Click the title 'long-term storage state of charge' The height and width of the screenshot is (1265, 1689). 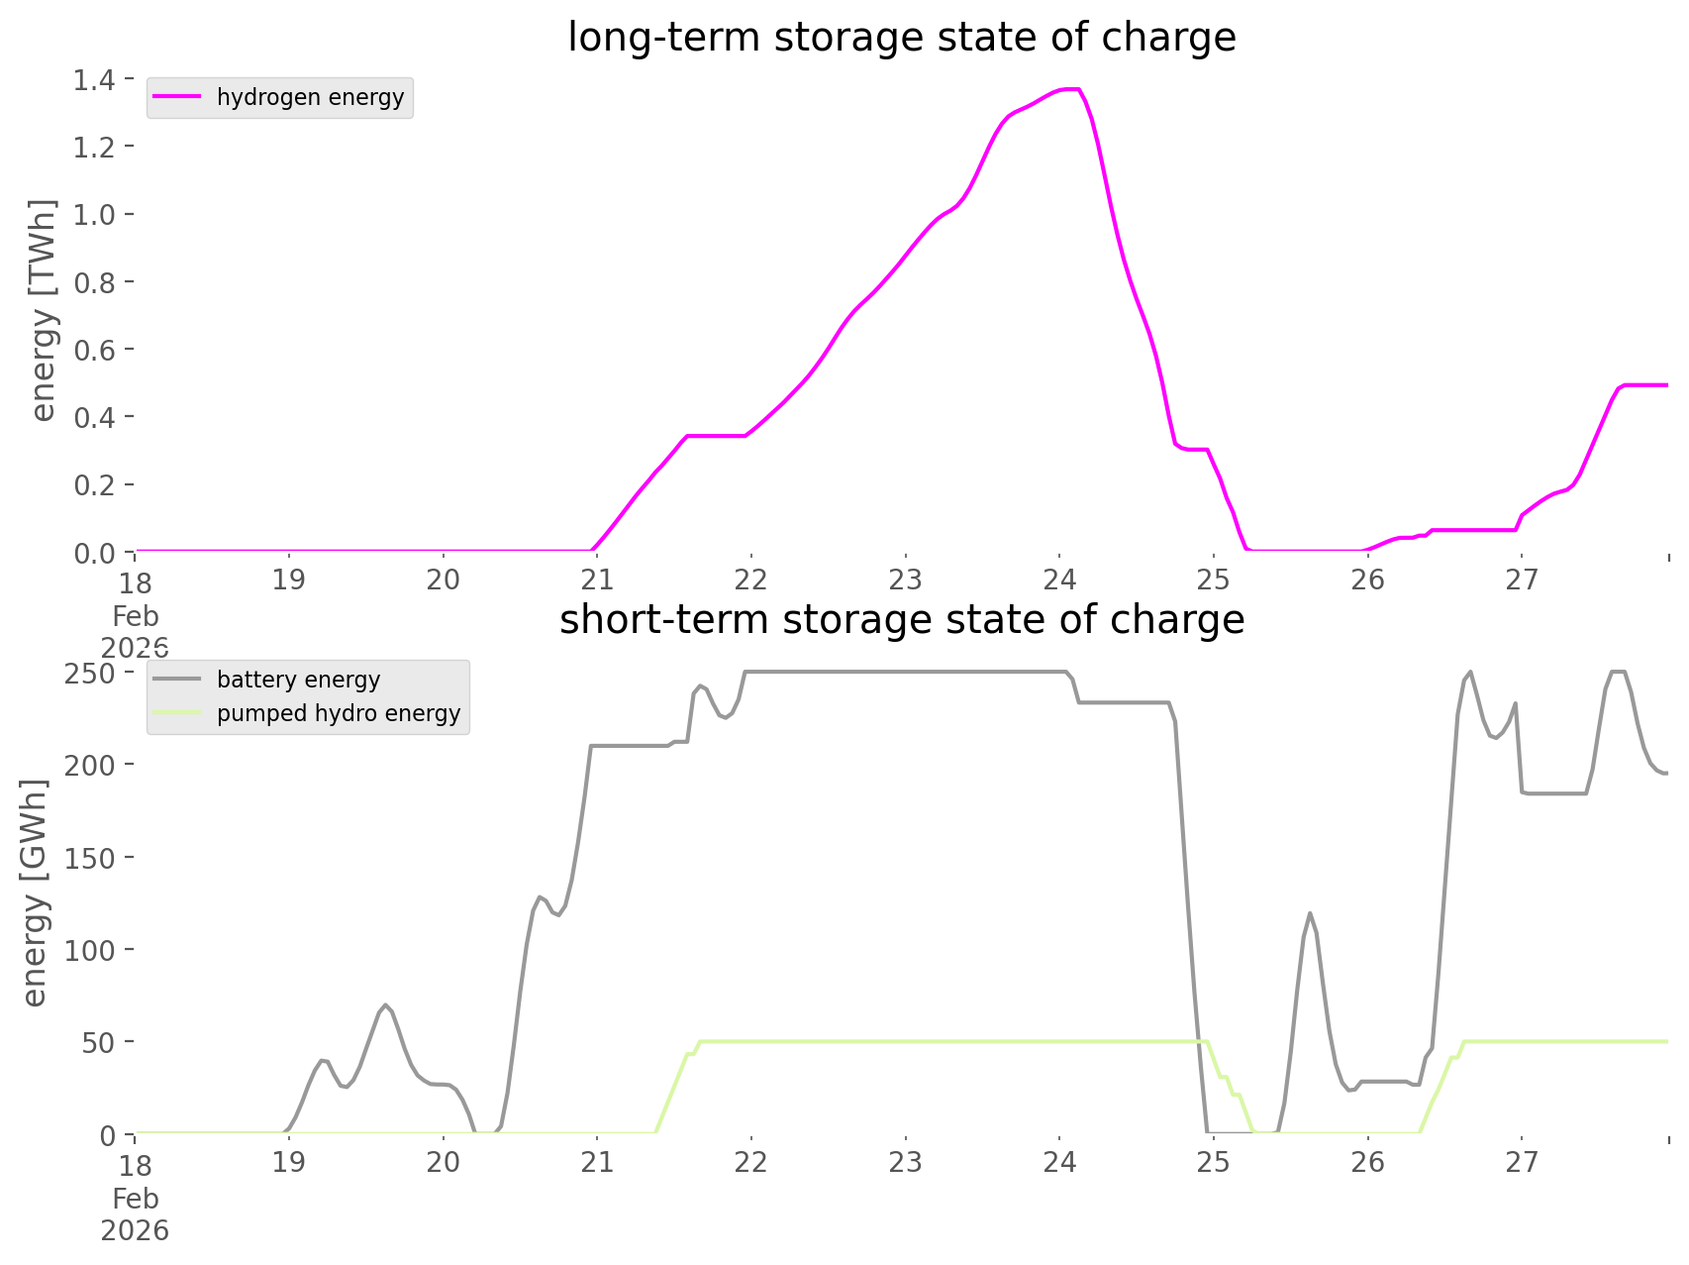click(901, 38)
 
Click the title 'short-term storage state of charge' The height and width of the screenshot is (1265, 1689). click(901, 620)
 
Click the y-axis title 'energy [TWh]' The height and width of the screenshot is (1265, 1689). click(43, 310)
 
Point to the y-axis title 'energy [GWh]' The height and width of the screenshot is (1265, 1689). click(35, 893)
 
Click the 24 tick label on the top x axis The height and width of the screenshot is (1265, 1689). click(1059, 580)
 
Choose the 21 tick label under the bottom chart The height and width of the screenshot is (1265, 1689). click(597, 1162)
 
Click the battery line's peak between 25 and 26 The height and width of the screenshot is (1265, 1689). click(1310, 912)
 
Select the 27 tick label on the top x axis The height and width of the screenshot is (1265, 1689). click(1522, 580)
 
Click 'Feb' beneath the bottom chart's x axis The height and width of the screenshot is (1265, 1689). click(136, 1199)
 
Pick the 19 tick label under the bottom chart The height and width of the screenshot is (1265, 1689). click(289, 1162)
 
